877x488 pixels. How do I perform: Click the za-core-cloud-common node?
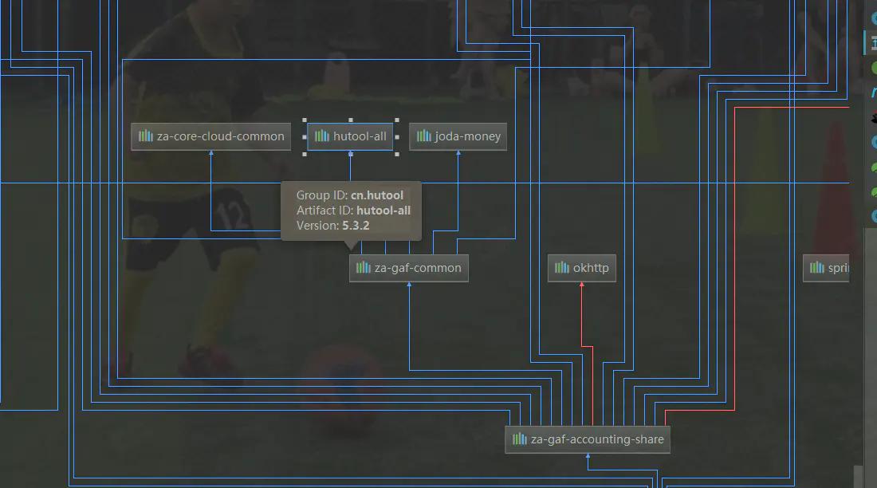pos(210,136)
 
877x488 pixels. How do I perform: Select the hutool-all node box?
pos(350,136)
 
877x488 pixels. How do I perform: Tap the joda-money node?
pos(458,136)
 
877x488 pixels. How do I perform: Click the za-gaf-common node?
pos(409,268)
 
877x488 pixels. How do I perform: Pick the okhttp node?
pos(582,268)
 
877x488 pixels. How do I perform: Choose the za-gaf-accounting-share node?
pos(588,439)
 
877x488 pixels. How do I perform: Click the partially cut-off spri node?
pos(827,268)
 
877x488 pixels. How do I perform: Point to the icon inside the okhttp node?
pos(562,268)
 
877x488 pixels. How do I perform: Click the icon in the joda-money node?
pos(424,136)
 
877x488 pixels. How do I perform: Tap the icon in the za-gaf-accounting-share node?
pos(520,439)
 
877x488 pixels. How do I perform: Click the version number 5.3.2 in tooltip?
pos(356,226)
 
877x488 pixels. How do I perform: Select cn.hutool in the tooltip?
pos(377,195)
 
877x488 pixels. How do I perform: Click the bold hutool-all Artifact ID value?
pos(383,211)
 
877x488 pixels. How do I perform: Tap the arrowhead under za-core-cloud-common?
pos(211,154)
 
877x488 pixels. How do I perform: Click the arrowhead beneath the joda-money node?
pos(458,154)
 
